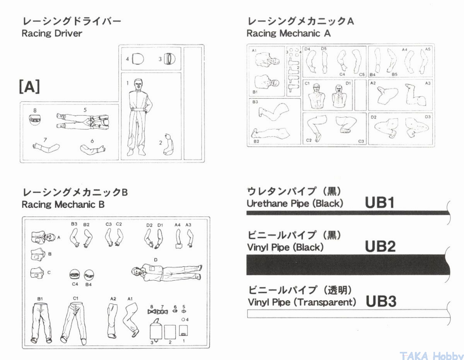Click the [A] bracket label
[29, 87]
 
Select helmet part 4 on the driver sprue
[138, 59]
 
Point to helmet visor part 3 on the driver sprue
[170, 59]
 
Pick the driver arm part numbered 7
[46, 147]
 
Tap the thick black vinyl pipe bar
[348, 264]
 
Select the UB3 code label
[381, 301]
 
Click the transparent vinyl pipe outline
[348, 314]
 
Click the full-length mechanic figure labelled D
[167, 272]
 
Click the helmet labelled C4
[75, 275]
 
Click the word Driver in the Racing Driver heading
[68, 34]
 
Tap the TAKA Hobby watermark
[432, 356]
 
